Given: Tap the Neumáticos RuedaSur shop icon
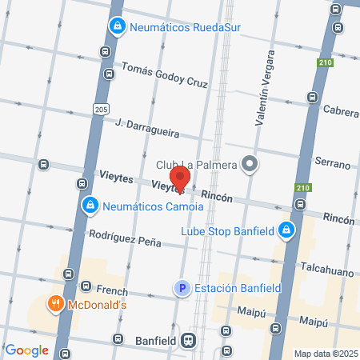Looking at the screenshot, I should click(x=118, y=27).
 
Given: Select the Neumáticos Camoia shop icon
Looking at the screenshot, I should click(x=91, y=206).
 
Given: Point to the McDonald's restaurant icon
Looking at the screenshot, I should click(x=55, y=304).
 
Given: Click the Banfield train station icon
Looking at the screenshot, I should click(x=188, y=340).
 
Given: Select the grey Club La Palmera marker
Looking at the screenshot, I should click(x=250, y=165).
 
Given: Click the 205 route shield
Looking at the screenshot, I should click(x=99, y=107).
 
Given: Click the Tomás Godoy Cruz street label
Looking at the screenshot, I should click(x=164, y=76).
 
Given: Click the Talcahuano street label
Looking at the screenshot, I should click(x=327, y=270).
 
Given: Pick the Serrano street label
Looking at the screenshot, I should click(x=334, y=163).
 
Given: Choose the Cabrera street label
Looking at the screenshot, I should click(x=340, y=110).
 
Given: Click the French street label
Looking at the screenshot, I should click(x=111, y=290).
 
